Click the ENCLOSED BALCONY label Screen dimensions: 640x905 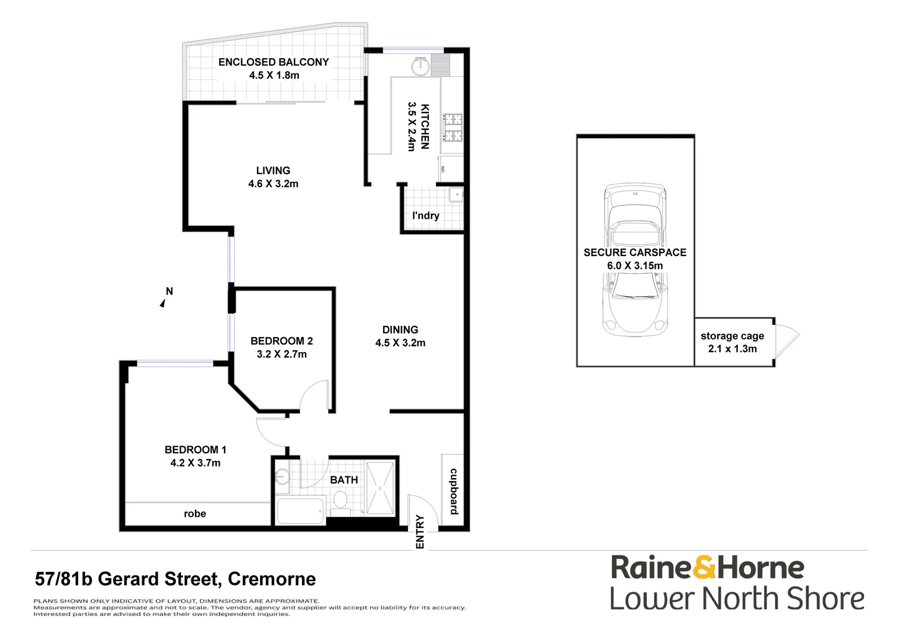tap(273, 62)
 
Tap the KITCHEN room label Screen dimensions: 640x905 tap(425, 126)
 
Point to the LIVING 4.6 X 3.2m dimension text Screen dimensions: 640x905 tap(273, 184)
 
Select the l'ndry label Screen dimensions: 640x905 tap(425, 216)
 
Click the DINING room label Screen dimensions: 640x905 tap(400, 329)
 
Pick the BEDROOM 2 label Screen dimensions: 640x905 tap(281, 341)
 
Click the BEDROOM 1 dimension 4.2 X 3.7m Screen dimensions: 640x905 tap(195, 463)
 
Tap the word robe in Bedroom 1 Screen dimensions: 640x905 tap(195, 514)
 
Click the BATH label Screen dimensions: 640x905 tap(344, 480)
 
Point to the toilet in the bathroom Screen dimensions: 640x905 tap(340, 502)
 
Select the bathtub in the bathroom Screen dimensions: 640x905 tap(300, 511)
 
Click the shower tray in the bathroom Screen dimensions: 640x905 tap(380, 488)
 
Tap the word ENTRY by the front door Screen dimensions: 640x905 tap(420, 532)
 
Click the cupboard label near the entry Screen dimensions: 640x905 tap(454, 492)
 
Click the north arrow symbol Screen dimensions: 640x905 tap(162, 303)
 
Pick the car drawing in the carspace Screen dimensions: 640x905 tap(635, 258)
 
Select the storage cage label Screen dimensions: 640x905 tap(732, 336)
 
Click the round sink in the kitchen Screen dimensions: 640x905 tap(421, 63)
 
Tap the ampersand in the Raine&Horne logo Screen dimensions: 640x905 tap(703, 567)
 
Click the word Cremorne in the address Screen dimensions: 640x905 tap(272, 579)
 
